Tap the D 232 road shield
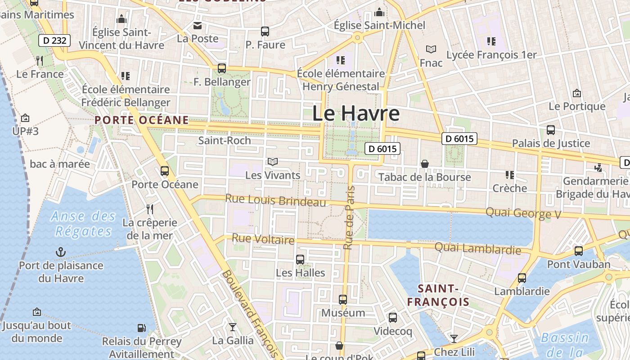(x=55, y=40)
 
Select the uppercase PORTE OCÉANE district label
(x=141, y=120)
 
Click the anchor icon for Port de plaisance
(x=61, y=252)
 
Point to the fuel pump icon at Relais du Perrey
(x=141, y=328)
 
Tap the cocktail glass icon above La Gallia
(x=233, y=327)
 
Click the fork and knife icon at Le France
(x=40, y=61)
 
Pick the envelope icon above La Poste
(x=198, y=25)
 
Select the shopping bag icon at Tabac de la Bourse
(x=424, y=164)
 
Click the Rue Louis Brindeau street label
(x=275, y=200)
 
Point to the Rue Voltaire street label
(x=263, y=239)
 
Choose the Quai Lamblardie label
(x=477, y=248)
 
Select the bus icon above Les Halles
(x=300, y=260)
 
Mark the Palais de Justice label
(x=551, y=144)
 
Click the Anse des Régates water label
(x=83, y=224)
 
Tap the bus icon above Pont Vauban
(x=579, y=251)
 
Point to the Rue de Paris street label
(x=349, y=218)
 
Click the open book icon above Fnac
(x=431, y=49)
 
